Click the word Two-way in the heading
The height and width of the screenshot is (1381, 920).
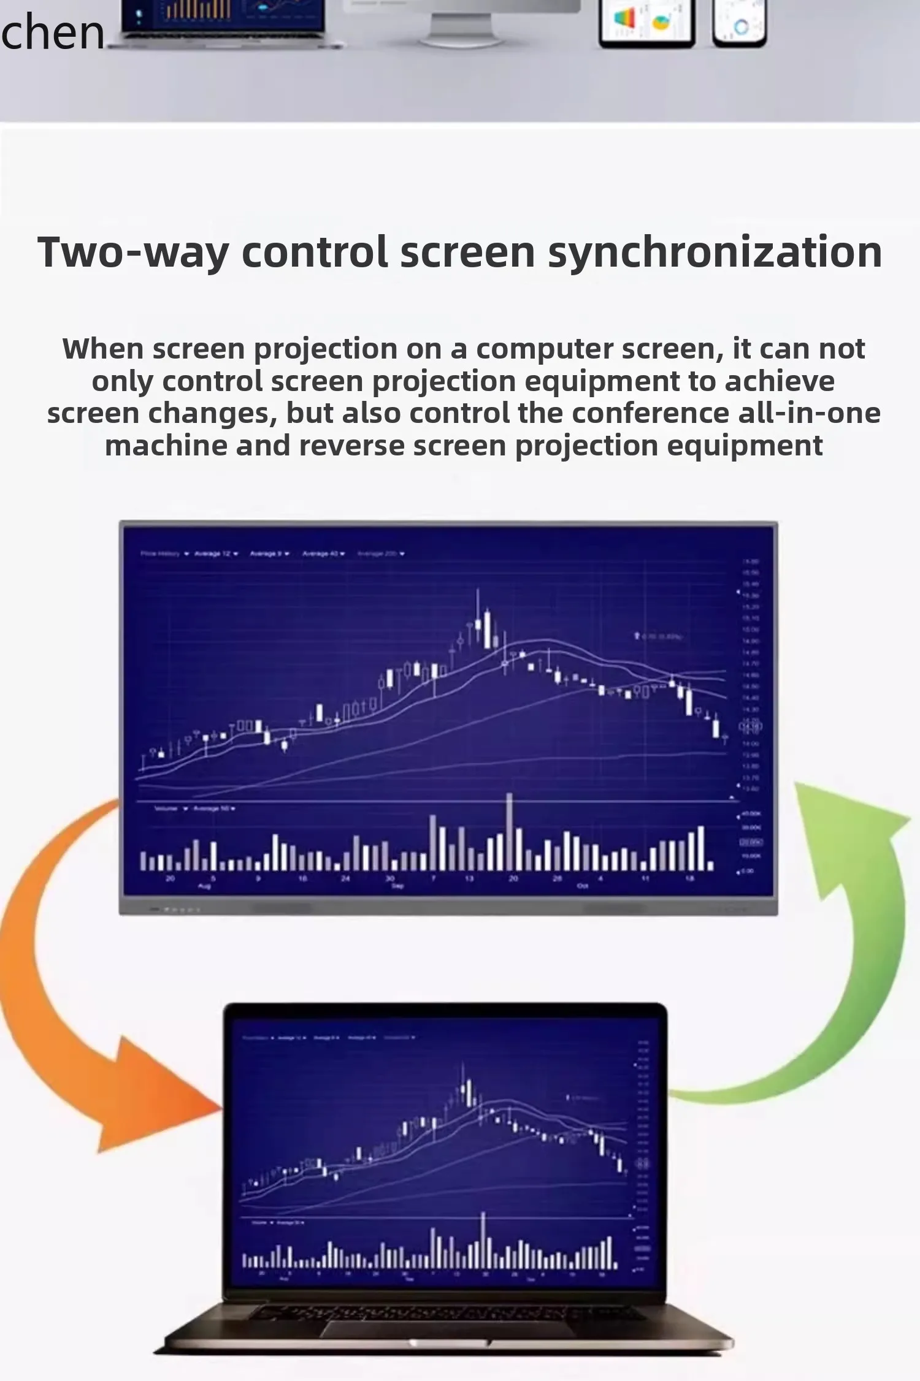click(132, 253)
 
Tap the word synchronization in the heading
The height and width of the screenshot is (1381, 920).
click(715, 253)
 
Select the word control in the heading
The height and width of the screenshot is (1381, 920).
click(315, 253)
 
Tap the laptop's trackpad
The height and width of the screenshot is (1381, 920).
click(448, 1328)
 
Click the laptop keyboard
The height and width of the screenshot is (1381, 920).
click(448, 1312)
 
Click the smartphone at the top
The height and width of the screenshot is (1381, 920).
click(739, 23)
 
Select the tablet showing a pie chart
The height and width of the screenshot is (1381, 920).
click(646, 23)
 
